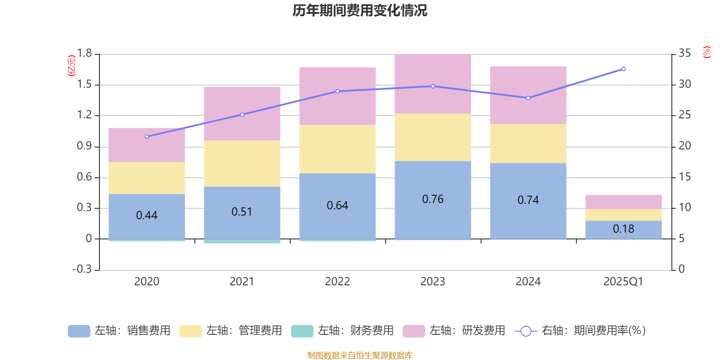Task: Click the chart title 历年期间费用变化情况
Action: coord(360,10)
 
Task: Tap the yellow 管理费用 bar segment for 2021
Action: coord(242,163)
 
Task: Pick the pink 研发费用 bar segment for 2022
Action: coord(337,96)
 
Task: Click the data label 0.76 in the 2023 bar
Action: coord(433,199)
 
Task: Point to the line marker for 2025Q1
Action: coord(623,69)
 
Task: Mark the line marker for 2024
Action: coord(528,98)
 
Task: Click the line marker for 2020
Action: coord(147,136)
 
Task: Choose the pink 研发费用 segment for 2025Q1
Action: coord(623,202)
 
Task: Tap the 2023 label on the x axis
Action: coord(433,282)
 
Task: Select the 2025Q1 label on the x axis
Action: coord(623,282)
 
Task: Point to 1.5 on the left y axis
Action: coord(84,85)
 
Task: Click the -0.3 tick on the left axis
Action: coord(82,269)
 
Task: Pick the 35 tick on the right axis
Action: coord(684,54)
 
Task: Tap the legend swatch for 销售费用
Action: coord(79,331)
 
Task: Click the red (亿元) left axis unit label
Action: coord(72,66)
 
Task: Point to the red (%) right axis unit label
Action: coord(706,52)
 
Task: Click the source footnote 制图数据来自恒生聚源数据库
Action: coord(360,355)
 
